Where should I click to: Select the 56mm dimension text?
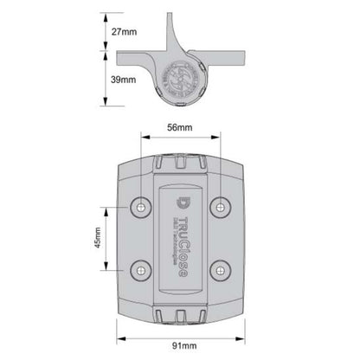[180, 127]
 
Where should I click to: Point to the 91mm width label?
[182, 348]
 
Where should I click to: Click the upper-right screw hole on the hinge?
[221, 206]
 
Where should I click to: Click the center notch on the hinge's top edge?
[182, 162]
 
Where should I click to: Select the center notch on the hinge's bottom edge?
[182, 310]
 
